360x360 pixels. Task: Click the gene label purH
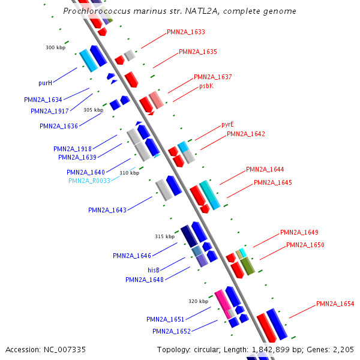coord(45,83)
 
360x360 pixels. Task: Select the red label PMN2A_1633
coord(186,32)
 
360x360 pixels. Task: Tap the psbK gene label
coord(206,86)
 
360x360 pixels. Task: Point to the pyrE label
coord(227,125)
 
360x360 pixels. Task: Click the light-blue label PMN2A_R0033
coord(89,181)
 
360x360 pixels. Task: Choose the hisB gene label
coord(154,270)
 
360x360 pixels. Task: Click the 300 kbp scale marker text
coord(56,47)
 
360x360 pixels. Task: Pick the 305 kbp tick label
coord(93,110)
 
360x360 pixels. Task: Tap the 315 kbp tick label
coord(164,236)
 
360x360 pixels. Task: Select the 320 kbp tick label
coord(199,301)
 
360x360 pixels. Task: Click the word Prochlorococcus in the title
coord(97,11)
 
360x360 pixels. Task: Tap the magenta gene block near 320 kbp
coord(223,304)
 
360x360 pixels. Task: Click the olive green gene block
coord(247,266)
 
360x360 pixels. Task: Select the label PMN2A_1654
coord(335,304)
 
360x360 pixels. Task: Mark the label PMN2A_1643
coord(107,211)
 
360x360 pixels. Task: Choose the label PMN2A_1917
coord(50,112)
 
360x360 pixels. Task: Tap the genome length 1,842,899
coord(271,350)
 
